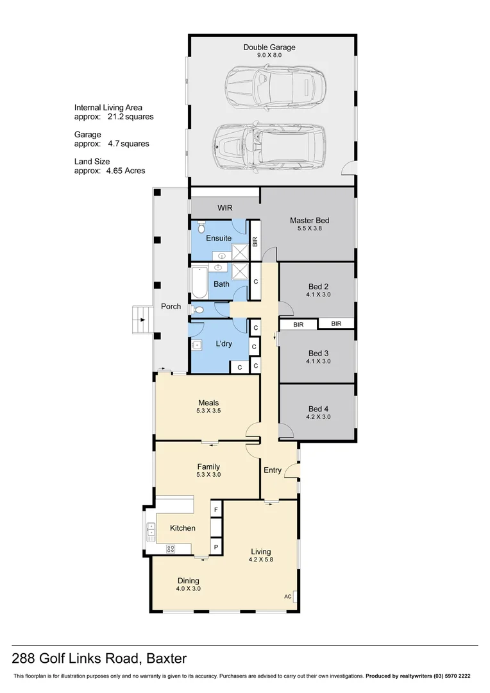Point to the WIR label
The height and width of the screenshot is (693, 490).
(224, 208)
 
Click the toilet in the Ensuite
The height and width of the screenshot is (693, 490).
(201, 227)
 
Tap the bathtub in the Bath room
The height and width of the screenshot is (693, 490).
(198, 284)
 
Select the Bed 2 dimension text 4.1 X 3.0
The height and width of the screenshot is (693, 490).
(318, 295)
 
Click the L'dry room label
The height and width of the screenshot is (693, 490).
(224, 344)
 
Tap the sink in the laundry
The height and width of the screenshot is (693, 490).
(197, 345)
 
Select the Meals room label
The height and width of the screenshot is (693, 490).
(209, 402)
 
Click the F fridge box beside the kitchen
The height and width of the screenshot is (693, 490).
(215, 510)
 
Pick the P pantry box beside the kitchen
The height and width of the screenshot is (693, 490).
(215, 547)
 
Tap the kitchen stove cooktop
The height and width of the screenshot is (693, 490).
(171, 549)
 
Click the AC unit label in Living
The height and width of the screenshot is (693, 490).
(287, 595)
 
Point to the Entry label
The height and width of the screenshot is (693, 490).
(273, 470)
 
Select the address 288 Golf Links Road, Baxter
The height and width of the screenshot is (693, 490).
(99, 658)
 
